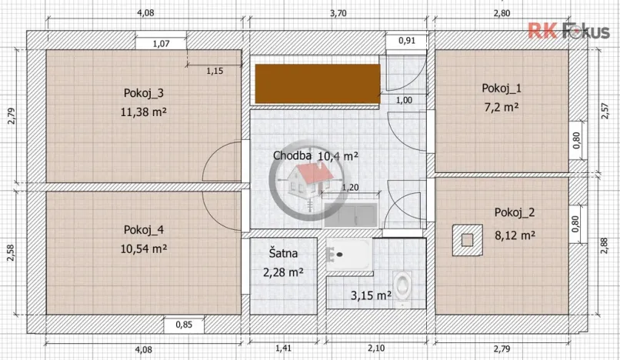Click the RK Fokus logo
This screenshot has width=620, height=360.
point(567,31)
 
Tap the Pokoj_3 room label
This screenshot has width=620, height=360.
point(144,92)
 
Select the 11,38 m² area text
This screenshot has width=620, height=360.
point(144,112)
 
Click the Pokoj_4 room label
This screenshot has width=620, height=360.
point(144,229)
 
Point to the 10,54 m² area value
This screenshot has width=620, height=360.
point(144,248)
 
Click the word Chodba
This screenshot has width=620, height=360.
point(292,155)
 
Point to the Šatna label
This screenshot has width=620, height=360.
point(281,252)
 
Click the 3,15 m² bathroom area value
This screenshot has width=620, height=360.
point(371,295)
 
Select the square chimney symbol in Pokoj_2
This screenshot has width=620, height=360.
point(465,238)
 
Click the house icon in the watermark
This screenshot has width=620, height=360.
point(305,181)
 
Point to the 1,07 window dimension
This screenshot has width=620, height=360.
point(161,44)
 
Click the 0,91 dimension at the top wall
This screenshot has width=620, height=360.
point(406,41)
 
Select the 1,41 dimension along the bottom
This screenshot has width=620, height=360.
point(284,348)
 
